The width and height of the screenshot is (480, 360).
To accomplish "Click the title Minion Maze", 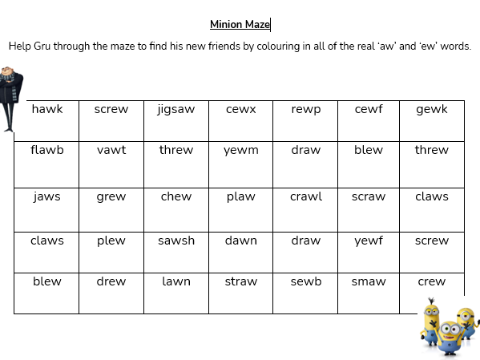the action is pos(240,25).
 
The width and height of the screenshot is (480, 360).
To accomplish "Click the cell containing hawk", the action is pos(46,110).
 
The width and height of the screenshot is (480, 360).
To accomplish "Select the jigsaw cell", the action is pos(175,110).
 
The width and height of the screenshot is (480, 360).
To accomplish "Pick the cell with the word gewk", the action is pos(432,110).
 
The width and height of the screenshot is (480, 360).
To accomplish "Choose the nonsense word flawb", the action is pos(46,150).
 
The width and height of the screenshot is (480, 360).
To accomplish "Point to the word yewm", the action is pos(240,150).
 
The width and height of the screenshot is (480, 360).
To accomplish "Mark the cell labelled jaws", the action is pos(46,196).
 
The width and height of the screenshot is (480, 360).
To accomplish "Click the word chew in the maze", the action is pos(175,196).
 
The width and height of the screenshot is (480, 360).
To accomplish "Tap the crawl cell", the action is pos(305,196).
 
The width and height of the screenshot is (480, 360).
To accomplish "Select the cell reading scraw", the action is pos(369,196).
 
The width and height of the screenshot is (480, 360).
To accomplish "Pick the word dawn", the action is pos(240,241).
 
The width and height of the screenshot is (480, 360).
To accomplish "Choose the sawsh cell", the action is pos(175,241).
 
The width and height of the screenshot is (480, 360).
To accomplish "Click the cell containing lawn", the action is pos(175,281).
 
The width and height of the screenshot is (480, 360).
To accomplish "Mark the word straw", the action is pos(240,281).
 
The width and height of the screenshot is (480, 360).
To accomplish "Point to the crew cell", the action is pos(432,281).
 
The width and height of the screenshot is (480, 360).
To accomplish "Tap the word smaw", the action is pos(369,281).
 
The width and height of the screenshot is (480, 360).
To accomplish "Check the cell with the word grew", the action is pos(111,196).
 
